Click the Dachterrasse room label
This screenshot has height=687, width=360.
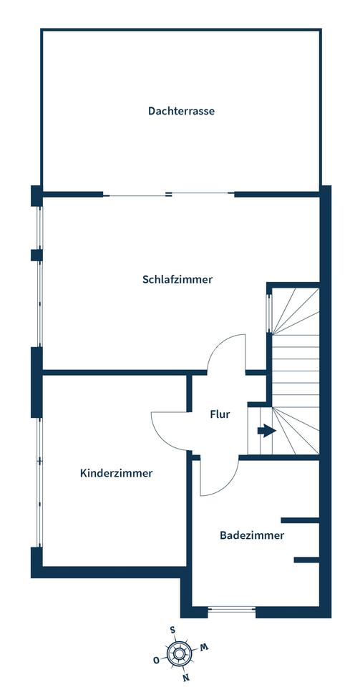click(181, 111)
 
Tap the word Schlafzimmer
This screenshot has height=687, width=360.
click(177, 279)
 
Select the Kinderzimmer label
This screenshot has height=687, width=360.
click(117, 473)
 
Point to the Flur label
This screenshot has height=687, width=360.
click(220, 414)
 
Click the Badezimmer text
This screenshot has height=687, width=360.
click(252, 535)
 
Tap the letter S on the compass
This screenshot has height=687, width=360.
click(172, 630)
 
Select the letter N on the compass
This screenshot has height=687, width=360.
click(187, 678)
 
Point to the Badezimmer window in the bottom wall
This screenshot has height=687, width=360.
click(232, 610)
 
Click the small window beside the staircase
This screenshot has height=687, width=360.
click(269, 313)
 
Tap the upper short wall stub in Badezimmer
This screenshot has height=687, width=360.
click(300, 520)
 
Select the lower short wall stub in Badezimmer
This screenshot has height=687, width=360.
click(306, 560)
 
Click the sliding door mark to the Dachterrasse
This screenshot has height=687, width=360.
click(169, 195)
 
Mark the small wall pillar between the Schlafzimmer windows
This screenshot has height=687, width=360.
click(37, 255)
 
